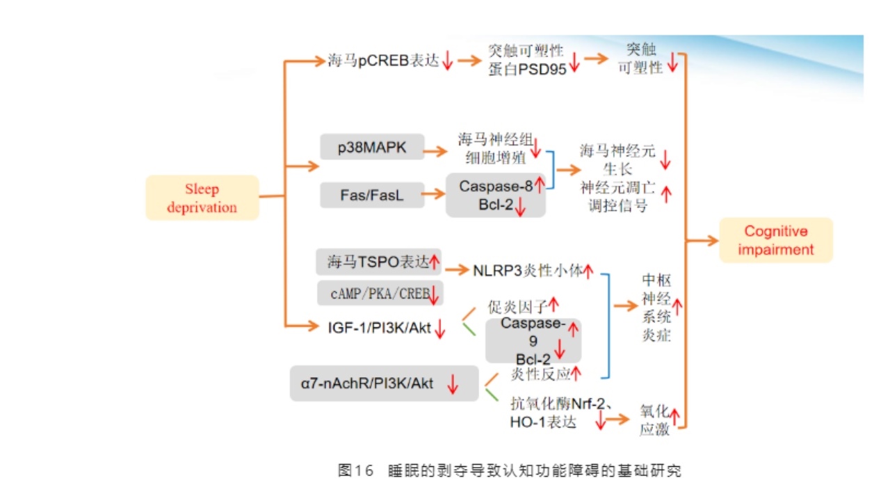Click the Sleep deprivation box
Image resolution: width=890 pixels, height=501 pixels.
point(202,198)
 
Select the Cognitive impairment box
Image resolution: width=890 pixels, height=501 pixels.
point(776,241)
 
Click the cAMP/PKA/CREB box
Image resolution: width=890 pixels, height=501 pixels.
point(380,294)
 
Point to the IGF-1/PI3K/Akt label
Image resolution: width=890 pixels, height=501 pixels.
point(379,327)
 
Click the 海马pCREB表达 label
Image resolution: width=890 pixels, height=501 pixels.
point(383,61)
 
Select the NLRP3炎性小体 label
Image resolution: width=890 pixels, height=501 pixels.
point(526,270)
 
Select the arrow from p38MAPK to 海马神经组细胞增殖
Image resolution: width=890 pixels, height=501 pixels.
point(436,150)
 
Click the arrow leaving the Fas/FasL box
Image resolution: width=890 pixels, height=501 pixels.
point(434,195)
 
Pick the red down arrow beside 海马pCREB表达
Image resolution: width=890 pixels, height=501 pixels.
point(448,62)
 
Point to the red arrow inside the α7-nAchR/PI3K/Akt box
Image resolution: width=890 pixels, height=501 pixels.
point(453,384)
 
